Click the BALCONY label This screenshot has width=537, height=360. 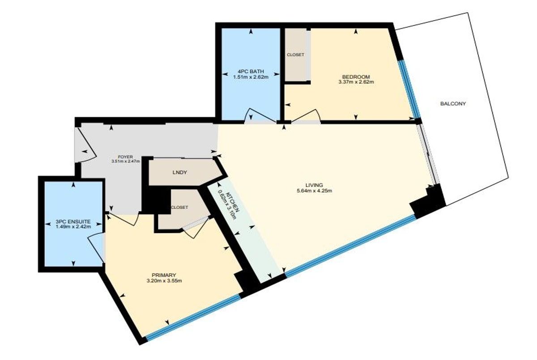(453, 104)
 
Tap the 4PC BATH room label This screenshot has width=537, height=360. (251, 72)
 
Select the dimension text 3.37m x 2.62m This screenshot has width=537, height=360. (356, 82)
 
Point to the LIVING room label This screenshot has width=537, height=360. (314, 185)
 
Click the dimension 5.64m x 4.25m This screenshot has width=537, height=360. (314, 191)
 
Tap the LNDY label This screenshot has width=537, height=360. (180, 173)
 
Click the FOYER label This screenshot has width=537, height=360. (126, 157)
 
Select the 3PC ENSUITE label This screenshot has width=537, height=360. (73, 221)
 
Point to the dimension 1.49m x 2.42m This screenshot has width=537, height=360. (73, 227)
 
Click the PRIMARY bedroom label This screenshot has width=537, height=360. (164, 275)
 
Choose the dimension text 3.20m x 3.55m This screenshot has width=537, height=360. (164, 281)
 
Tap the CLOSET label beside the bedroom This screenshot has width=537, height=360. (296, 55)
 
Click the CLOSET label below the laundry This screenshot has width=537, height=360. (179, 208)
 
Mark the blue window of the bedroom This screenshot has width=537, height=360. (409, 89)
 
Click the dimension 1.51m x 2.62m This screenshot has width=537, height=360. (251, 77)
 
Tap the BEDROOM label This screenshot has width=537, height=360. (356, 77)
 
